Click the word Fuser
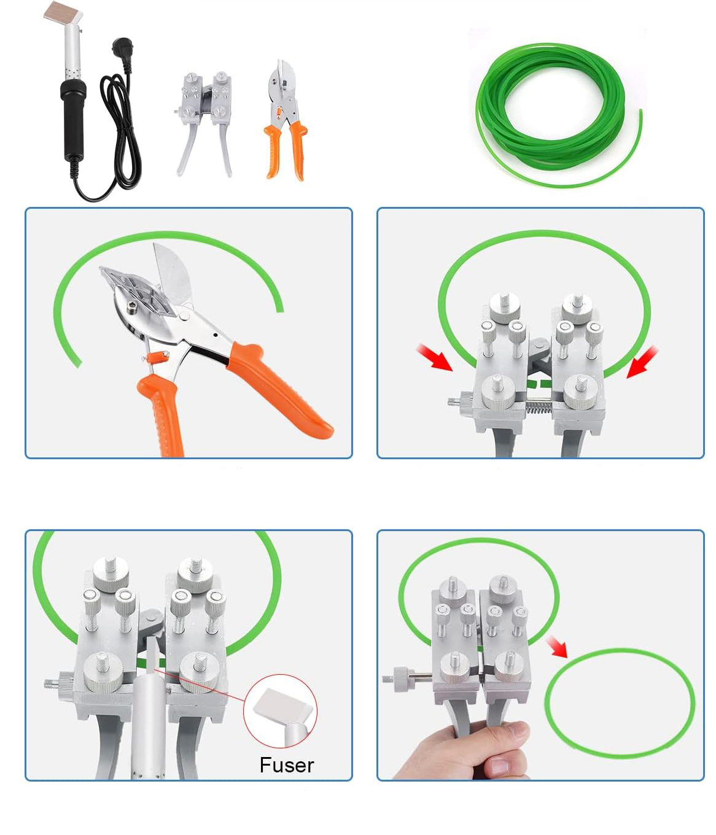pos(287,765)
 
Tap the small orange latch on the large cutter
pos(158,357)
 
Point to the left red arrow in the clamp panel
pos(434,357)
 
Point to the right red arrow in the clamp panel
pos(642,362)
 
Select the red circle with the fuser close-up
pos(281,710)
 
